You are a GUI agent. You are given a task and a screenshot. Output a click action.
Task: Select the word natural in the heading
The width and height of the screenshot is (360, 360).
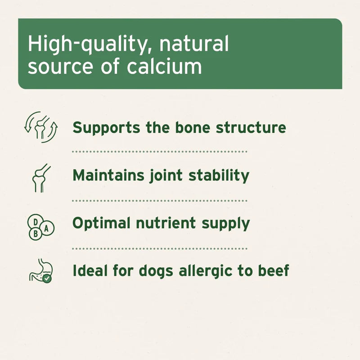click(194, 45)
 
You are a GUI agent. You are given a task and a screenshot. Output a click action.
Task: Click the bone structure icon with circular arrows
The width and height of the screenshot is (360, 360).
click(41, 127)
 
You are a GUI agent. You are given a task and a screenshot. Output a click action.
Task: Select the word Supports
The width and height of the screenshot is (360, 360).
click(107, 128)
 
